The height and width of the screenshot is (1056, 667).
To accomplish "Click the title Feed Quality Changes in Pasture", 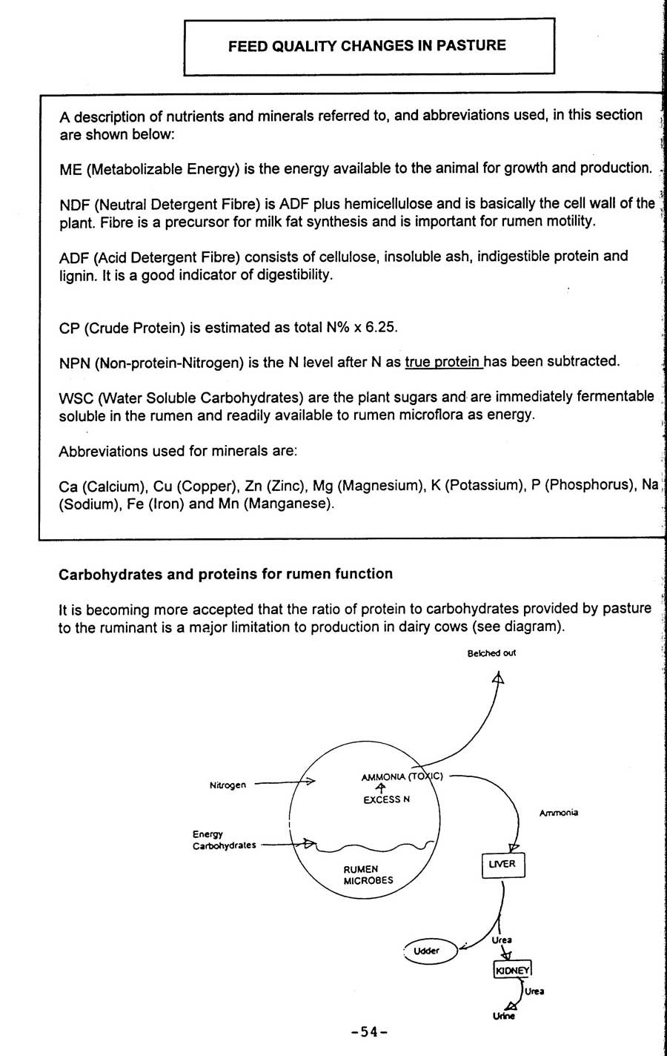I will click(367, 46).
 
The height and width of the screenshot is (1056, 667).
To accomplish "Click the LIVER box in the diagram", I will click(502, 865).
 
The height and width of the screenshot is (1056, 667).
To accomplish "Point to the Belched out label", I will click(491, 653).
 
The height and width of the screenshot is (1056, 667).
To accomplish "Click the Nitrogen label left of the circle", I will click(228, 785).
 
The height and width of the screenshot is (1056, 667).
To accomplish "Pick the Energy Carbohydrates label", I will click(224, 840).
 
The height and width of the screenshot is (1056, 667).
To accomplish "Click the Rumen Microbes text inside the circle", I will click(368, 875).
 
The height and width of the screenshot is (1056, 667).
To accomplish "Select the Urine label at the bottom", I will click(503, 1016).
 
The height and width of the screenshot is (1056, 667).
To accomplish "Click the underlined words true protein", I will click(443, 362).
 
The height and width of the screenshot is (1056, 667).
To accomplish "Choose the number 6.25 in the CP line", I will click(385, 327).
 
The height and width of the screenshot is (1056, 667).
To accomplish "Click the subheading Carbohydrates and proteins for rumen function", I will click(225, 574).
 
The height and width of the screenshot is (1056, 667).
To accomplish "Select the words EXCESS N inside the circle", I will click(386, 799).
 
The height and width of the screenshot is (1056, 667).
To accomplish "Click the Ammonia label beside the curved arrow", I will click(558, 813).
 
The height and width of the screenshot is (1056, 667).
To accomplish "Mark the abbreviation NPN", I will click(75, 363).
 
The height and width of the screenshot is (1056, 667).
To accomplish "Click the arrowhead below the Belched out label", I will click(498, 677).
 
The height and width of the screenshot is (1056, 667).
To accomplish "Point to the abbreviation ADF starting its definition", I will click(74, 257).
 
